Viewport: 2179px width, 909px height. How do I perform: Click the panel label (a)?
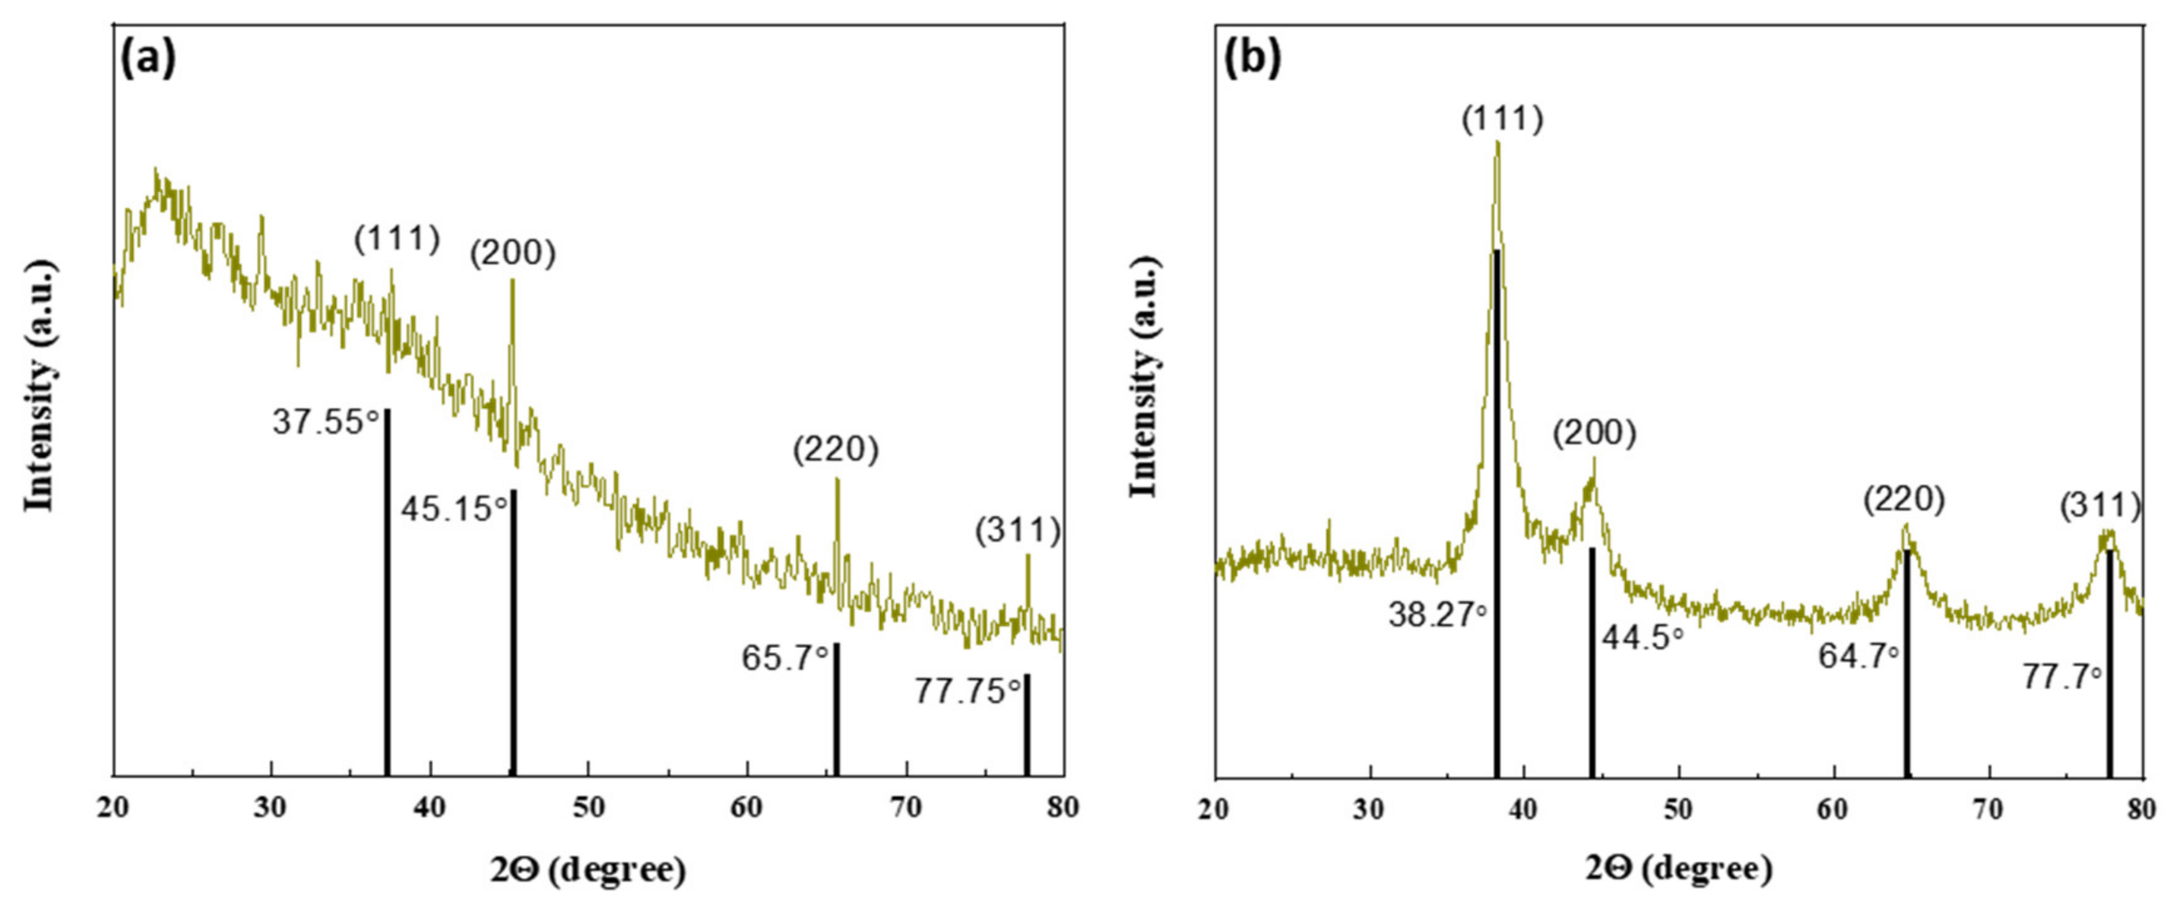(x=149, y=61)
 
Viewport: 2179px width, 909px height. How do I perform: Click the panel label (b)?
(x=1254, y=61)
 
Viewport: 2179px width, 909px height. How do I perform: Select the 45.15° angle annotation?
(x=454, y=509)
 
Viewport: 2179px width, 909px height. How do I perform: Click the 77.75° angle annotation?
(x=967, y=692)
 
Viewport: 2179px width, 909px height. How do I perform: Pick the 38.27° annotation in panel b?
(x=1437, y=615)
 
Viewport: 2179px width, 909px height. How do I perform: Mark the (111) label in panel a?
(x=398, y=239)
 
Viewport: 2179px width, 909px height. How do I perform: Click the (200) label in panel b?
(x=1595, y=434)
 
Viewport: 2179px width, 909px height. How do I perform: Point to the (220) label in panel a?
(x=836, y=449)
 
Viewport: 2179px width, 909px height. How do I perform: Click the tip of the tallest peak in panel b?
(x=1498, y=144)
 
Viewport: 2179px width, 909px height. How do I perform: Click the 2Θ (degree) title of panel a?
(x=588, y=870)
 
